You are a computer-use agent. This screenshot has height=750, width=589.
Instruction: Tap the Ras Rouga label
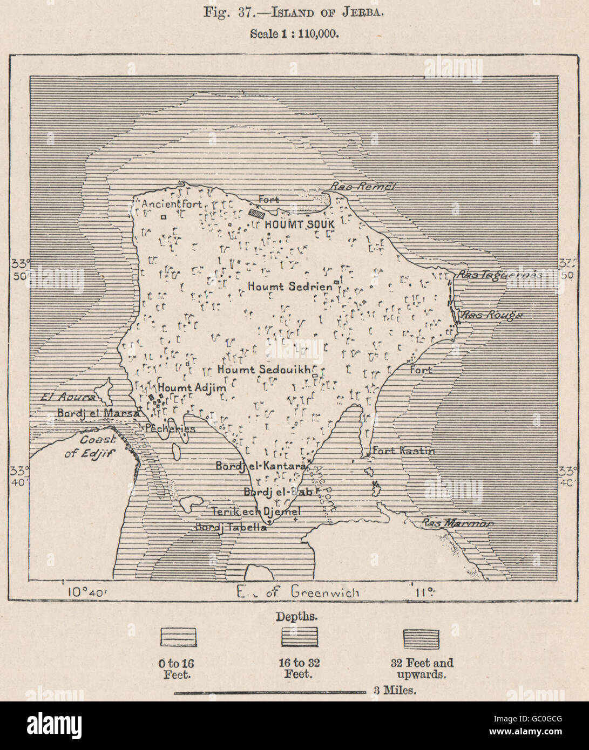(x=490, y=315)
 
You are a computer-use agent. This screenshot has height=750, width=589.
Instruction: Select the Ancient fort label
(x=171, y=204)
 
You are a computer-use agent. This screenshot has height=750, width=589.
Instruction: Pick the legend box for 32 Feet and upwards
(x=421, y=638)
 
